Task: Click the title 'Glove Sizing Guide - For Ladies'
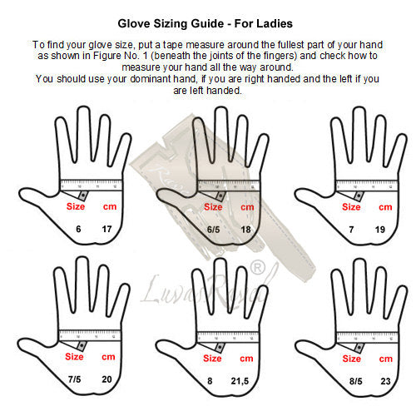[205, 23]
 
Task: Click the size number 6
[78, 229]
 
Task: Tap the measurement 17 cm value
[106, 229]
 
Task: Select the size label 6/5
[213, 230]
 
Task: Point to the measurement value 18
[245, 230]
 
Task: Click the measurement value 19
[380, 230]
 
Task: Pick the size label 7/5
[74, 379]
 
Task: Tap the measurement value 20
[106, 379]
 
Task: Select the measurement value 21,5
[240, 381]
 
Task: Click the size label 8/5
[356, 381]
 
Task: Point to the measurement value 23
[385, 381]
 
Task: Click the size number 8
[210, 381]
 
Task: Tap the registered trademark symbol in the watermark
[258, 268]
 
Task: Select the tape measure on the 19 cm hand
[367, 186]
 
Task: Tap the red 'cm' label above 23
[386, 359]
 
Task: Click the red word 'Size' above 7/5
[74, 356]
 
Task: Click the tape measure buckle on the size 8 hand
[220, 347]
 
